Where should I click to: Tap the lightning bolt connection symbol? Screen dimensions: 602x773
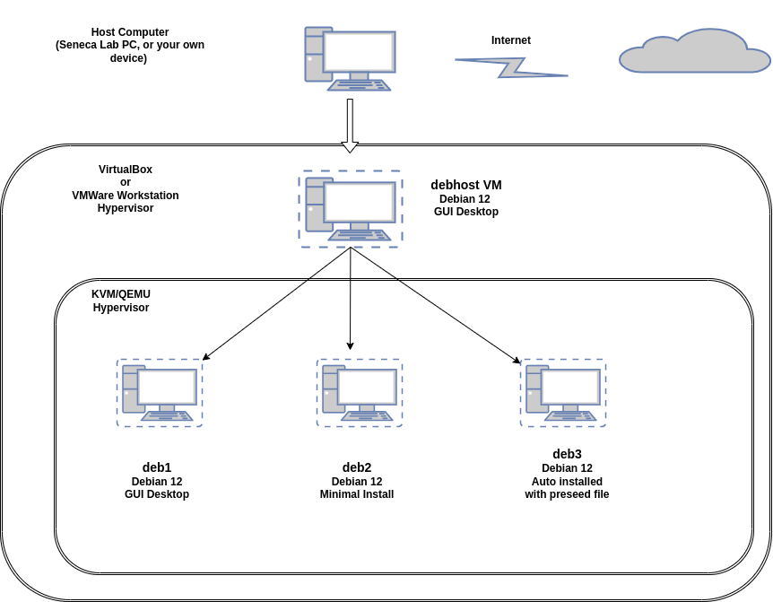[x=511, y=67]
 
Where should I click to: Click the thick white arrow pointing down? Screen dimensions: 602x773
[x=350, y=126]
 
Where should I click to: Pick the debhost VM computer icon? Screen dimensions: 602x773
[x=351, y=209]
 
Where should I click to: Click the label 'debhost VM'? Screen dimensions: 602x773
[x=466, y=185]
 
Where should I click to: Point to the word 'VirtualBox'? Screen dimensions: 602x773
[x=126, y=169]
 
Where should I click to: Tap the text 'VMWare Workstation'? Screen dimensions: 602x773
[x=126, y=195]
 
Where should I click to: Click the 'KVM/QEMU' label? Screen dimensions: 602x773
[x=121, y=294]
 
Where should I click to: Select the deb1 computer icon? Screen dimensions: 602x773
[x=160, y=393]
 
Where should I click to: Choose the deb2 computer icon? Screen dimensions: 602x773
[x=360, y=393]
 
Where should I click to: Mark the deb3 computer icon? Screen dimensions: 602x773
[x=563, y=393]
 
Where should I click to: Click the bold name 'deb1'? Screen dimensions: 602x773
[x=157, y=467]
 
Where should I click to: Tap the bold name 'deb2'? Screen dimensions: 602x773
[x=357, y=467]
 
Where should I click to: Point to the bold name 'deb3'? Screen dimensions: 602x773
[x=567, y=454]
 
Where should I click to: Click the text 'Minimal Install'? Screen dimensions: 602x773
[x=357, y=494]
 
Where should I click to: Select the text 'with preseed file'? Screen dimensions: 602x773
[x=567, y=494]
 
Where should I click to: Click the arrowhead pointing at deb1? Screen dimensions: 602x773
[x=206, y=357]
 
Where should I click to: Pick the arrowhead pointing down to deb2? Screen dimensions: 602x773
[x=351, y=345]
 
